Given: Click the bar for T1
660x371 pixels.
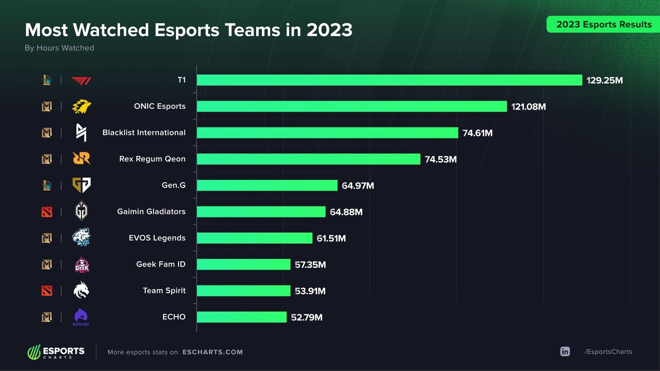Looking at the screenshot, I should coord(389,80).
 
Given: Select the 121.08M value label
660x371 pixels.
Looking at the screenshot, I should coord(528,107).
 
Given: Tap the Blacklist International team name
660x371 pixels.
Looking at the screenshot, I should coord(144,133).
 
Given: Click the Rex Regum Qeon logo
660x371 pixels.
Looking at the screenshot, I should coord(81,158).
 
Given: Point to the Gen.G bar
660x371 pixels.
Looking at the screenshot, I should coord(267,185).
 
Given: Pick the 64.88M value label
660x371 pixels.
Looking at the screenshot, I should coord(346,212).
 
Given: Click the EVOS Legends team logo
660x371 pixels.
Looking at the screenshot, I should coord(81,237).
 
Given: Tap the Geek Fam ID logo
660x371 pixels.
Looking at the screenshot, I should coord(82,265).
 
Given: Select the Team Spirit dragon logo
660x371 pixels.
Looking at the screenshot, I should coord(81,290).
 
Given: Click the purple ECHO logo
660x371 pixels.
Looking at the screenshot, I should coord(81,317).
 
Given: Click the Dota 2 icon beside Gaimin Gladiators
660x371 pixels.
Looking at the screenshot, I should coord(47,212).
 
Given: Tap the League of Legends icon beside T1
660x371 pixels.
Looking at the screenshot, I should coord(47,80).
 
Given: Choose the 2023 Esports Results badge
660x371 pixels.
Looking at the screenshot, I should coord(604,24).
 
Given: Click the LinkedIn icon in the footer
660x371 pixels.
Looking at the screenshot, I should coord(565,351).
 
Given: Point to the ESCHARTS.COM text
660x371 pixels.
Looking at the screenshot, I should coord(212,352).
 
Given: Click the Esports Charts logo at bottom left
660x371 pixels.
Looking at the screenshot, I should coord(56,352).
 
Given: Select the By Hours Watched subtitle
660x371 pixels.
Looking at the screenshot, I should coord(59,48).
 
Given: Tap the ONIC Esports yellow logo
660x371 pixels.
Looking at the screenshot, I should coord(81,106).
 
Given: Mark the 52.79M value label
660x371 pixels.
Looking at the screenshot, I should coord(307,317).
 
